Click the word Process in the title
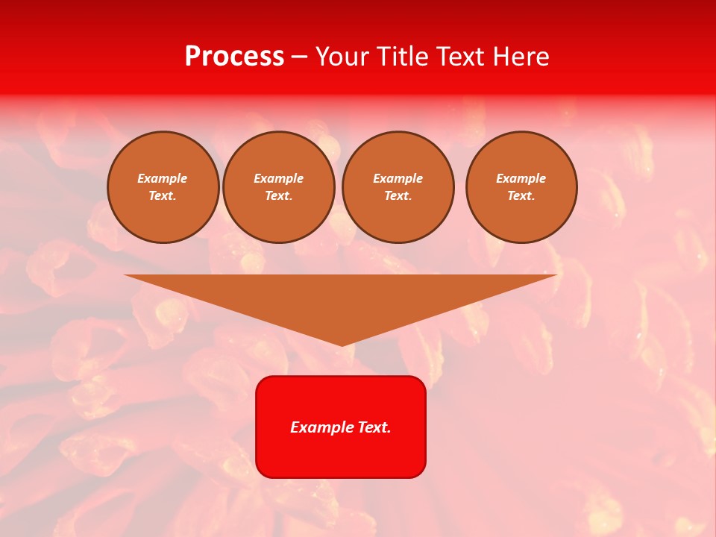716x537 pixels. (x=234, y=57)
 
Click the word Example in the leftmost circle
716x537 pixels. (x=162, y=178)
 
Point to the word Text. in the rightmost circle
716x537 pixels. (x=521, y=195)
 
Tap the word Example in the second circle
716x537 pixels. (x=278, y=178)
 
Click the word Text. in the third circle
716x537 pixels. (x=398, y=195)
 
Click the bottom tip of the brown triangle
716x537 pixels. (x=342, y=345)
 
